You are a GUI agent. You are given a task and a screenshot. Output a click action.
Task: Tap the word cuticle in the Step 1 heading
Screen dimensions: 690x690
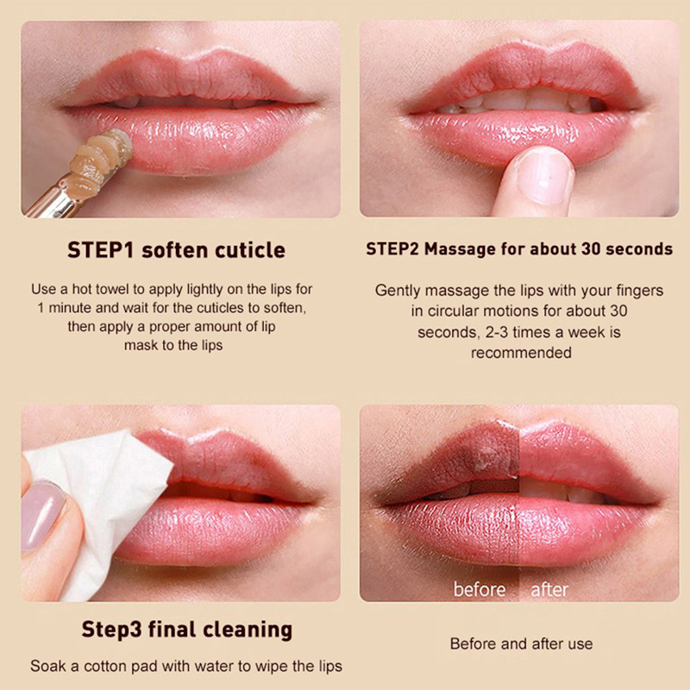pyautogui.click(x=250, y=250)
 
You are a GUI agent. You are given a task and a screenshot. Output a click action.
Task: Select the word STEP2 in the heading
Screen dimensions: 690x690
pyautogui.click(x=393, y=249)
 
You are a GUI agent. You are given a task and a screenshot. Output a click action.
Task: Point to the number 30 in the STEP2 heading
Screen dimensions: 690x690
pyautogui.click(x=591, y=249)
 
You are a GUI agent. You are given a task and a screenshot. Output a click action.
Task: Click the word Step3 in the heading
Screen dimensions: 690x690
pyautogui.click(x=112, y=630)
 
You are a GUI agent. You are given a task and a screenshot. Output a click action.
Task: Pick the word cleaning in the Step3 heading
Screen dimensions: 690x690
pyautogui.click(x=248, y=630)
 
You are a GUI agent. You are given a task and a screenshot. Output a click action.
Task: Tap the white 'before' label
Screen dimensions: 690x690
pyautogui.click(x=480, y=590)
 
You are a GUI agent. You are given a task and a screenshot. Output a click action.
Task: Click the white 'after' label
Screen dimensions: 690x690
pyautogui.click(x=550, y=590)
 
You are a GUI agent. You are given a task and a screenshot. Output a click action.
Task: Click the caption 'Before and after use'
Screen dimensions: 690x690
pyautogui.click(x=522, y=643)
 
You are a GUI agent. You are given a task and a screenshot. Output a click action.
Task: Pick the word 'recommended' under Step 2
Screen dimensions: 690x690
pyautogui.click(x=522, y=353)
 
